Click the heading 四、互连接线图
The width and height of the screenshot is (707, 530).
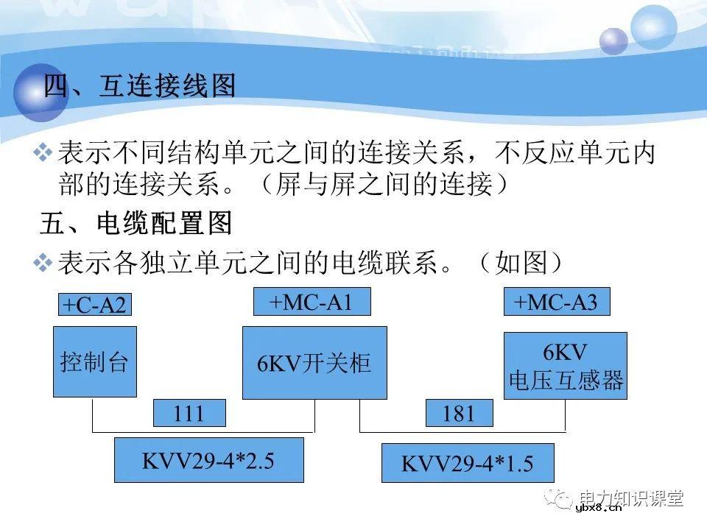140,86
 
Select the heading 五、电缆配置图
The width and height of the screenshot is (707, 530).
136,222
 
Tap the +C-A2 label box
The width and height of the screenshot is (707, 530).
94,305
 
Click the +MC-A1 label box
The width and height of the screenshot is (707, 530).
312,302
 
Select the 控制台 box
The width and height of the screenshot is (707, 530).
94,362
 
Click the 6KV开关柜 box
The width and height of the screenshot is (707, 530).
314,363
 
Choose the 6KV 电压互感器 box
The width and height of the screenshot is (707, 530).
566,366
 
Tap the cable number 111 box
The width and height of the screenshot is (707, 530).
189,414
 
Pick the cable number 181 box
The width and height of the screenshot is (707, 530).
460,414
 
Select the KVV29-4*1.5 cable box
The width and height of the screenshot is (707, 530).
467,463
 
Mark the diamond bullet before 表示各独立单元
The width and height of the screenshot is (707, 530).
43,261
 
